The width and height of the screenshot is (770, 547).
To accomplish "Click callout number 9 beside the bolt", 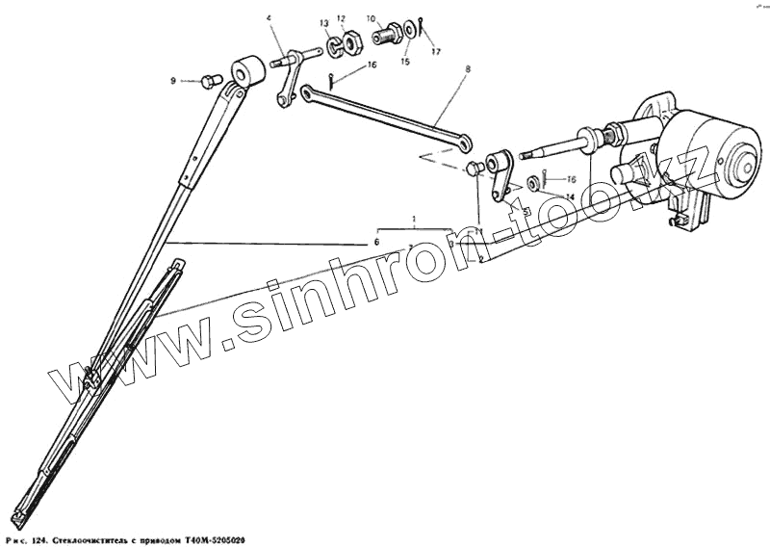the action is [174, 81].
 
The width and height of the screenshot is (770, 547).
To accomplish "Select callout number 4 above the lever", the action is [269, 17].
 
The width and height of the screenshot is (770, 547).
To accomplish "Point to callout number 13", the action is [324, 22].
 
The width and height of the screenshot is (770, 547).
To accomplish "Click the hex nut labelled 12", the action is [351, 41].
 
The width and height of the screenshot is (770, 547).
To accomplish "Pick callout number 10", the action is [370, 17].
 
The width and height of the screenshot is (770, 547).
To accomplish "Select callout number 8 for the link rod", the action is [467, 69].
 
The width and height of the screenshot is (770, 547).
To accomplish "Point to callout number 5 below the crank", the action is [526, 210].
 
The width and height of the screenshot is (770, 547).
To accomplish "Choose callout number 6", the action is [377, 242].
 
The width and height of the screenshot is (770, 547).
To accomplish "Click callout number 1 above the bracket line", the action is [414, 220].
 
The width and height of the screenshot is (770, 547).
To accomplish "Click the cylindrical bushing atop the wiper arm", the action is [249, 70].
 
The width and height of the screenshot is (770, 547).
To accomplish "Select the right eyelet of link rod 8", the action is [466, 144].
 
